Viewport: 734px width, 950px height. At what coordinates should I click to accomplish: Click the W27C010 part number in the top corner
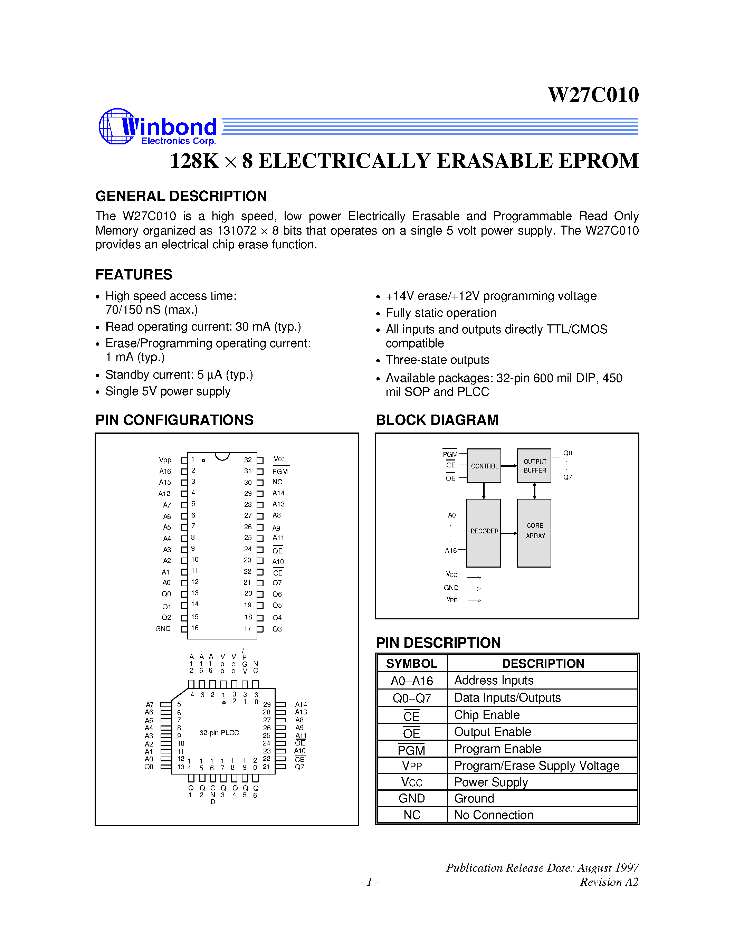coord(593,95)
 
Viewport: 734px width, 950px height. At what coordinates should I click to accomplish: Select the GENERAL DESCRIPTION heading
coord(181,196)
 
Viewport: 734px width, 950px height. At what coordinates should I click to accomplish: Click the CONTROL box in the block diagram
coord(484,466)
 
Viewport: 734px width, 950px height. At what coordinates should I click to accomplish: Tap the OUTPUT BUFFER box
coord(534,466)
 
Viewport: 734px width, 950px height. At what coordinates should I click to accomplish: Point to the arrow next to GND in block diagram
coord(474,589)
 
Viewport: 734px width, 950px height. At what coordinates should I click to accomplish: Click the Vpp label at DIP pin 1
coord(165,460)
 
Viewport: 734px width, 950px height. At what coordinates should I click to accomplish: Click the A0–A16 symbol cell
coord(412,681)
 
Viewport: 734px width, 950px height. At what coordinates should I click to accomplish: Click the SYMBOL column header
coord(412,663)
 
